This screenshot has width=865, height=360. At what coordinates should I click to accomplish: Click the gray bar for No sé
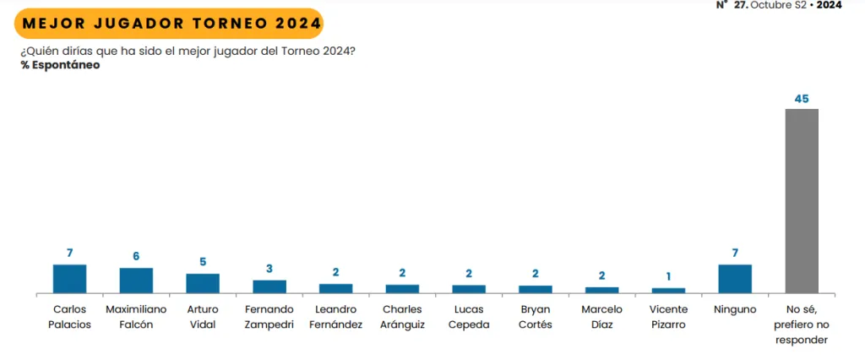coord(802,201)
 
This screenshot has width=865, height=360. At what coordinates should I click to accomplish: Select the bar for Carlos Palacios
coord(69,279)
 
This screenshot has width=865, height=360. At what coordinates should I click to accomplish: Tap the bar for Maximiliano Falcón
coord(136,281)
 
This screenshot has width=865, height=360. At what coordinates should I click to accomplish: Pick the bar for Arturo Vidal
coord(203,283)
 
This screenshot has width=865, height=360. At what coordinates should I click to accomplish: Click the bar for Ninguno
coord(735,279)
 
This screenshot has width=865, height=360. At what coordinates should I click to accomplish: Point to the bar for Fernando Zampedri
coord(269,286)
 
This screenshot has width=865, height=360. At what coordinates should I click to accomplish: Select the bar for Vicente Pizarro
coord(668,291)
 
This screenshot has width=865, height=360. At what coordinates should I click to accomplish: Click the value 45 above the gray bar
coord(802,99)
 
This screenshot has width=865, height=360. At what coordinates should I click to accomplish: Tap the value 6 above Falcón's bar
coord(136,256)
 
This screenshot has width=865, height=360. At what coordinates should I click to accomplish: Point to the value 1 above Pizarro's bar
coord(668,276)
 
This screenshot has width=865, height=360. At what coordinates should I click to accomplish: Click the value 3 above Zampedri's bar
coord(269,268)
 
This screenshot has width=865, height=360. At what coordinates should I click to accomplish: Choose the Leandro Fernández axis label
coord(335,317)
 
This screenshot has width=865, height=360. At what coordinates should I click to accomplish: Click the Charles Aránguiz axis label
coord(402,317)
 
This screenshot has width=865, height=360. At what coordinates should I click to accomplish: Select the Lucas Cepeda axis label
coord(469,317)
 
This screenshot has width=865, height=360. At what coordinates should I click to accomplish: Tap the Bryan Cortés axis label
coord(536,317)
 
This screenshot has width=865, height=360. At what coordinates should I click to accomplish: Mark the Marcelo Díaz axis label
coord(602,317)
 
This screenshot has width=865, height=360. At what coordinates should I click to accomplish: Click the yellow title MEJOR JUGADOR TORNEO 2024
coord(168,23)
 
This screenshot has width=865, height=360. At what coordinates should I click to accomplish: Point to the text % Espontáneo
coord(60,65)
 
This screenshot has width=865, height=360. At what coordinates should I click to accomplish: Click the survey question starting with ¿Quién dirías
coord(187,51)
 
